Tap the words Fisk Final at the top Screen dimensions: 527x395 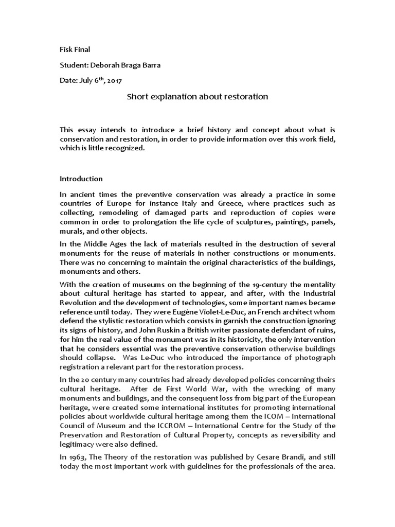(75, 49)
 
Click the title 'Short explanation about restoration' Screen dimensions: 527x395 (197, 96)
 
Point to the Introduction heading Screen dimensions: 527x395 (81, 179)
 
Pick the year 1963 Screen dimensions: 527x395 (77, 457)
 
